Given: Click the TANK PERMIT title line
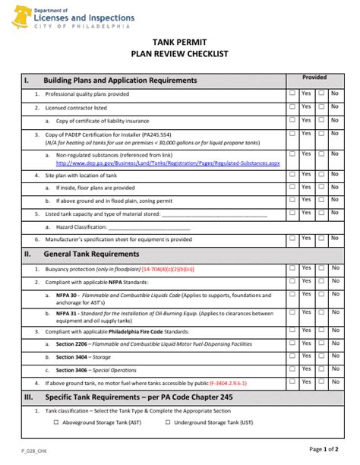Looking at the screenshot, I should tap(180, 44).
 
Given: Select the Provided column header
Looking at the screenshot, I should tap(314, 77).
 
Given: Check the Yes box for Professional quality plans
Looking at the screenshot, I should tap(293, 93).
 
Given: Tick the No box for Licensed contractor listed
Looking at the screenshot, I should tap(321, 107).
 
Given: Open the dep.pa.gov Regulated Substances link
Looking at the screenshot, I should tap(178, 163).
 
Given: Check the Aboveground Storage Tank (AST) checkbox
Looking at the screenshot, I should tap(57, 422).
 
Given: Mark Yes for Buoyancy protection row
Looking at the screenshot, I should tap(293, 267).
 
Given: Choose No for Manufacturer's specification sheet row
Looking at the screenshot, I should tap(321, 238).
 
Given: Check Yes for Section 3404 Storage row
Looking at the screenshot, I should tap(293, 357).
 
